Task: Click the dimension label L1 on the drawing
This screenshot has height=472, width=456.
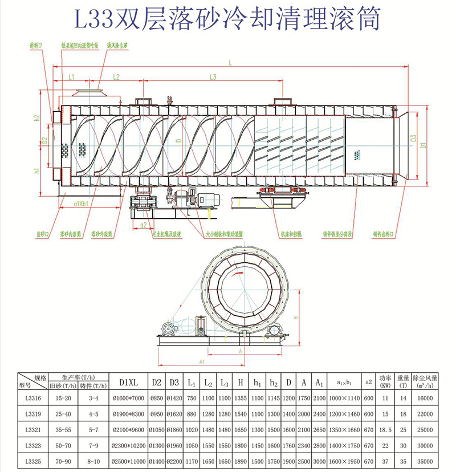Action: coord(71,76)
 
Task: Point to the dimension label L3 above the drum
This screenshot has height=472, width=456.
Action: coord(213,76)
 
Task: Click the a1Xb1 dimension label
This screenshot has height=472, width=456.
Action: coord(83,203)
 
